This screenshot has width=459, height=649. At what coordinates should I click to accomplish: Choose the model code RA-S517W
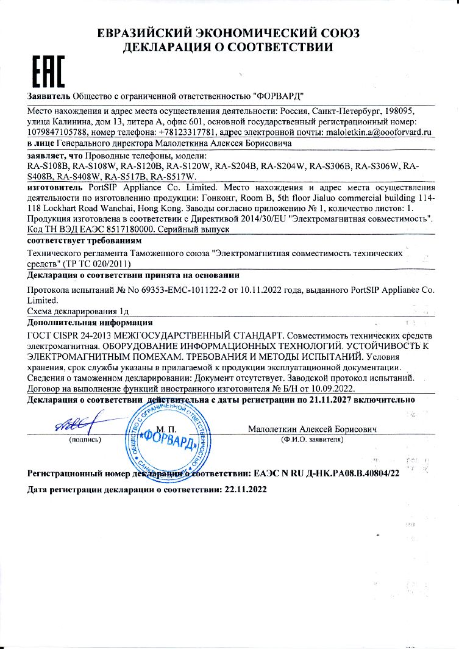[x=173, y=176]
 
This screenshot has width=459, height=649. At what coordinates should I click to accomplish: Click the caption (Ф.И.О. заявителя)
[x=311, y=439]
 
